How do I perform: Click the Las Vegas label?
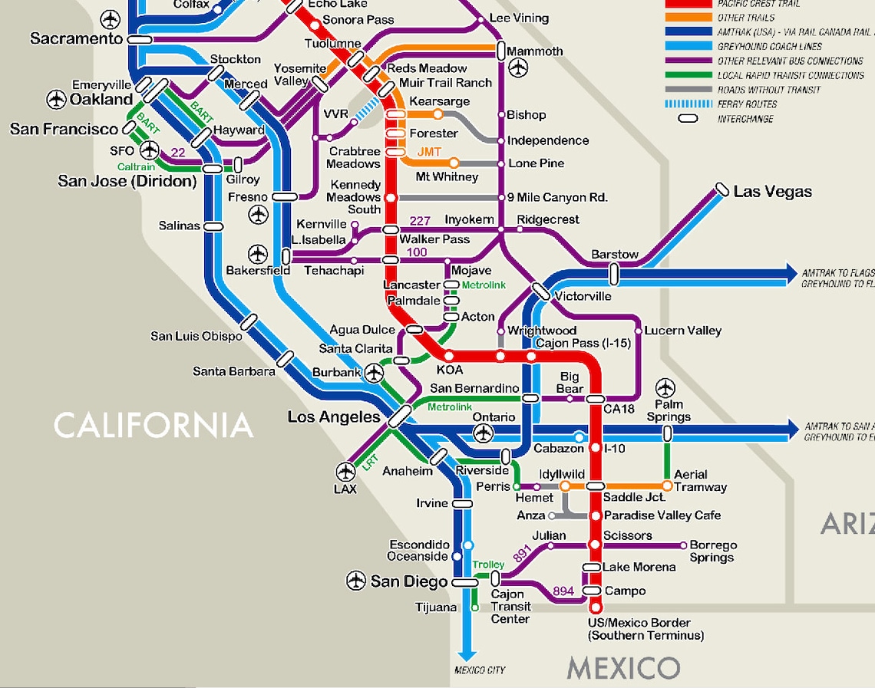coord(772,192)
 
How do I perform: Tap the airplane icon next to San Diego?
coord(356,581)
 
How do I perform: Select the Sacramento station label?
coord(77,38)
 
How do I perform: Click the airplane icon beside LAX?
coord(346,471)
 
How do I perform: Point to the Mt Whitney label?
coord(447,177)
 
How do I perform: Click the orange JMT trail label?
coord(429,152)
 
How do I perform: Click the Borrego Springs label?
coord(713,551)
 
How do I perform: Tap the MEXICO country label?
coord(623,668)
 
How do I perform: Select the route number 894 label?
coord(563,591)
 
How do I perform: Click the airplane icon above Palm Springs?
coord(665,388)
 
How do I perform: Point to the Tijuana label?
coord(435,607)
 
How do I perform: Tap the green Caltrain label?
coord(136,167)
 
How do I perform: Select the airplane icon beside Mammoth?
coord(519,68)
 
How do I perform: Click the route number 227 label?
coord(420,222)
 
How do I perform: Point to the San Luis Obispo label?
coord(196,336)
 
